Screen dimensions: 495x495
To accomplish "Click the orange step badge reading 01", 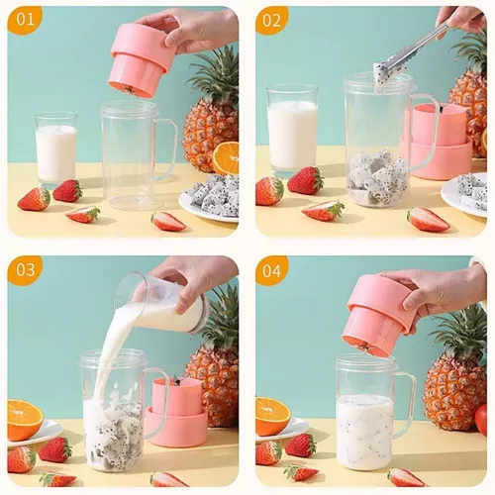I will coord(26,20).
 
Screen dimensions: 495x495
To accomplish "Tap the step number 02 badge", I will coord(272,20).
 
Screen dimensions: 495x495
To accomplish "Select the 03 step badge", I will coord(26,270).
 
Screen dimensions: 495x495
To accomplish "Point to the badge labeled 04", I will coord(272,270).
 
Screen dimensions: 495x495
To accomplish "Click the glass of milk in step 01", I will coord(56,148).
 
